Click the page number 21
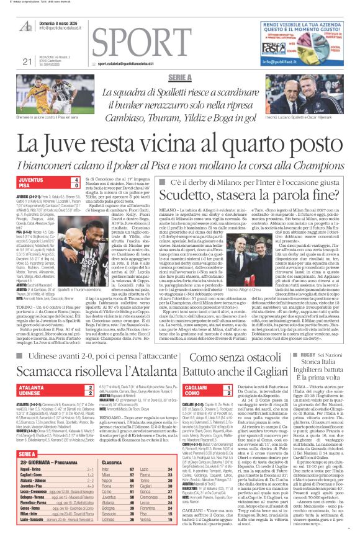(27, 61)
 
